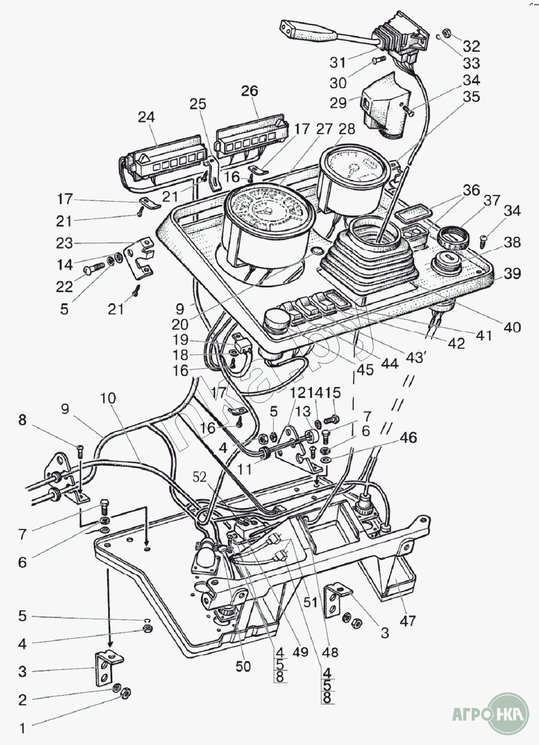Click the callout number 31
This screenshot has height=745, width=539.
pyautogui.click(x=338, y=62)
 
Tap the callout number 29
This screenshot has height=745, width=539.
pyautogui.click(x=338, y=103)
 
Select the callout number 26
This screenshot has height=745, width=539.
pyautogui.click(x=250, y=91)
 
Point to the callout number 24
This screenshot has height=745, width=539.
pyautogui.click(x=147, y=117)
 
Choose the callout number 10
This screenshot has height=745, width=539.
pyautogui.click(x=107, y=398)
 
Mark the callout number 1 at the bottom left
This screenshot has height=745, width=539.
pyautogui.click(x=22, y=729)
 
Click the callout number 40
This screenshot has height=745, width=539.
pyautogui.click(x=512, y=327)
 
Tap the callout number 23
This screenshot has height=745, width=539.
pyautogui.click(x=64, y=243)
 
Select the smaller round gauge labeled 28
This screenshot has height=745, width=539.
pyautogui.click(x=349, y=179)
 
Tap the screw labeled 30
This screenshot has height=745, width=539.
pyautogui.click(x=379, y=60)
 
